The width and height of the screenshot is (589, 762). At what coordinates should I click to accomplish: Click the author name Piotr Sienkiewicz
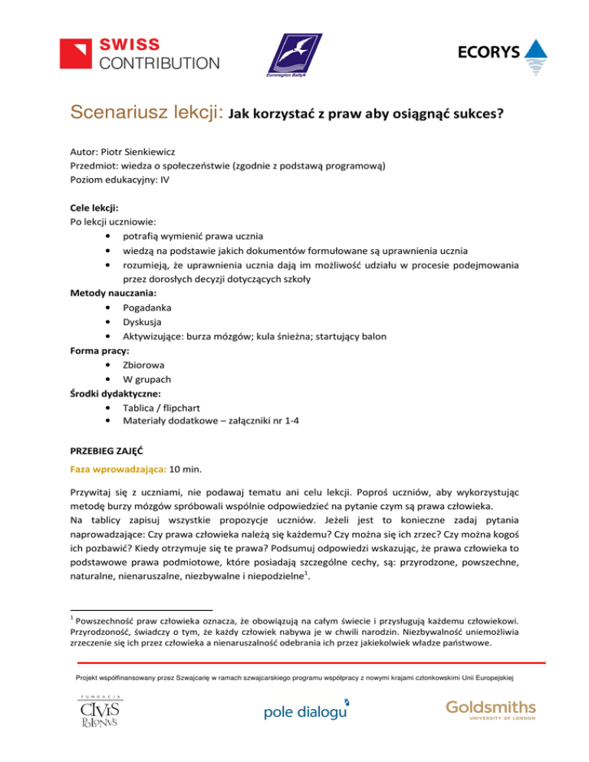[x=133, y=152]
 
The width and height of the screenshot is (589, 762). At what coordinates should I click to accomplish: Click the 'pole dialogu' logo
[x=305, y=712]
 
